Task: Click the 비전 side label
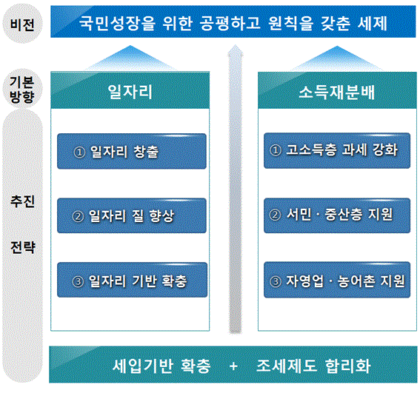[x=22, y=24]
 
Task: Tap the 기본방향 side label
[x=22, y=90]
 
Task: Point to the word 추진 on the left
[x=22, y=201]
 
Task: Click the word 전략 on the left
[x=23, y=247]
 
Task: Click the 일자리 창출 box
[x=132, y=151]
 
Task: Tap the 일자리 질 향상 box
[x=132, y=215]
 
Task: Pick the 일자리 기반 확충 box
[x=133, y=280]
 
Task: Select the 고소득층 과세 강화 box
[x=337, y=151]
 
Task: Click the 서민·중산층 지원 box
[x=337, y=215]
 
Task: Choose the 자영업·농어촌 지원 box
[x=337, y=280]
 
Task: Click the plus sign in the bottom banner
[x=233, y=366]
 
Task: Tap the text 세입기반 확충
[x=161, y=366]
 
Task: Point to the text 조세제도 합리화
[x=313, y=366]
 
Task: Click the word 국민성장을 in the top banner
[x=117, y=23]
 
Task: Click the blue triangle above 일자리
[x=130, y=59]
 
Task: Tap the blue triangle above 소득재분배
[x=337, y=60]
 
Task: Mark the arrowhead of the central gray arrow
[x=236, y=51]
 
